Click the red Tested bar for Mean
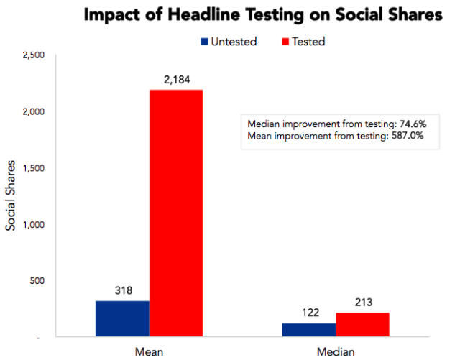pyautogui.click(x=175, y=213)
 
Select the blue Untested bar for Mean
pyautogui.click(x=122, y=318)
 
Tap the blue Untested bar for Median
pyautogui.click(x=309, y=329)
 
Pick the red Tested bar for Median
pyautogui.click(x=362, y=324)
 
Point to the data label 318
pyautogui.click(x=123, y=291)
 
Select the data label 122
pyautogui.click(x=309, y=313)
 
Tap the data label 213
pyautogui.click(x=362, y=303)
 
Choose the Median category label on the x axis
pyautogui.click(x=336, y=351)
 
